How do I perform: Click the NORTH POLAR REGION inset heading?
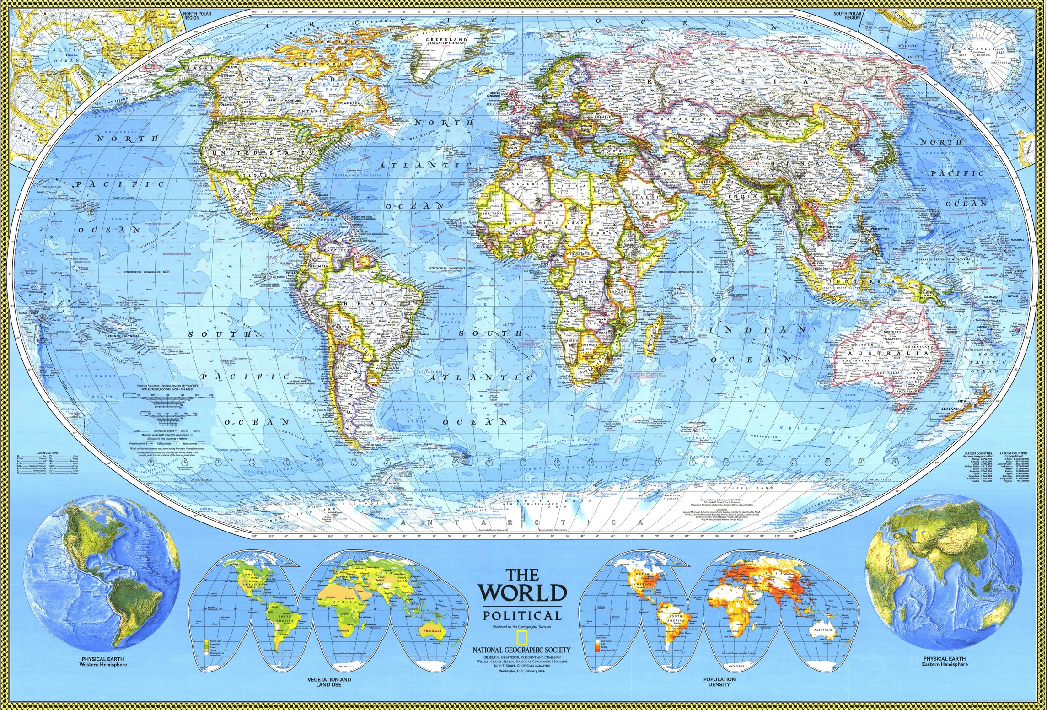(x=197, y=16)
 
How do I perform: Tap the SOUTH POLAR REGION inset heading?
(x=847, y=16)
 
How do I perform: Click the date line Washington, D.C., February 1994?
(x=522, y=671)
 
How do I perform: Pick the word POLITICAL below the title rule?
(x=522, y=616)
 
